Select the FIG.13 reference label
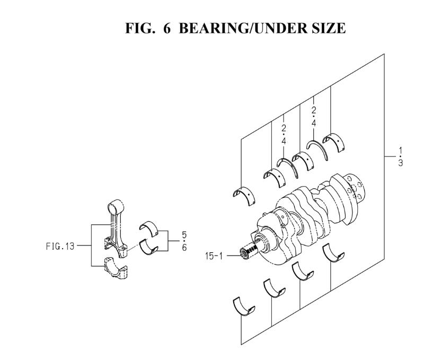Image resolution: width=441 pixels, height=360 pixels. tap(60, 246)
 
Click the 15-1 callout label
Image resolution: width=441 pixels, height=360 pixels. tap(214, 256)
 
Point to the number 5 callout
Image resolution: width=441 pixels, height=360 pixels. tap(184, 234)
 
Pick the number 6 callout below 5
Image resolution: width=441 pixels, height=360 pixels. tap(184, 248)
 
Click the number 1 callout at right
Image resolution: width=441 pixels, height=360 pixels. tap(401, 150)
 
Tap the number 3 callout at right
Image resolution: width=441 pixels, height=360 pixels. tap(401, 163)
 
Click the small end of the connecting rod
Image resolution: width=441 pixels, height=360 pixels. tap(116, 207)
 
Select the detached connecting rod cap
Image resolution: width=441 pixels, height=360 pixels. tap(116, 268)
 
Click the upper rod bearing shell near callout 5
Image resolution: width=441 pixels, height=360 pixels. tap(149, 229)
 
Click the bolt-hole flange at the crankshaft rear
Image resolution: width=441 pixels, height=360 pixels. tap(355, 188)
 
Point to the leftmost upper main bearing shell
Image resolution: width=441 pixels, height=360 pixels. tap(244, 195)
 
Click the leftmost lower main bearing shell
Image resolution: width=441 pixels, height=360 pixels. tap(244, 306)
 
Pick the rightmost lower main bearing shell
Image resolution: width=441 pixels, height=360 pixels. tap(333, 253)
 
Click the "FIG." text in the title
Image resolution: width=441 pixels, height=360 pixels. tap(140, 28)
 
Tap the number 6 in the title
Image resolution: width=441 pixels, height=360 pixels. tap(167, 28)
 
